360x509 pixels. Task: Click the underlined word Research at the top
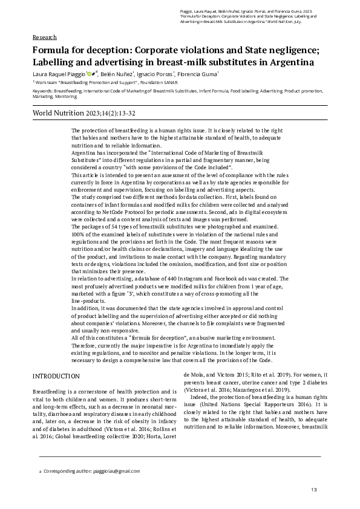click(x=44, y=37)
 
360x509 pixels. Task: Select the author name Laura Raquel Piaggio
click(x=59, y=74)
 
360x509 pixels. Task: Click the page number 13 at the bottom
click(x=314, y=490)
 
